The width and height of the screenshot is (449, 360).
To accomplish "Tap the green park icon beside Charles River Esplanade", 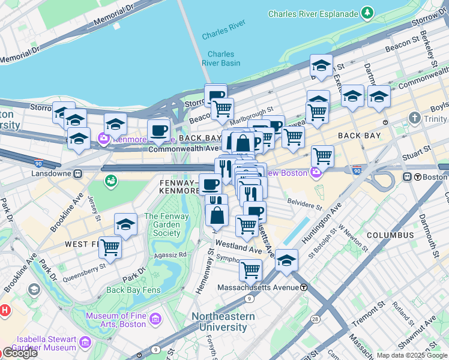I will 367,13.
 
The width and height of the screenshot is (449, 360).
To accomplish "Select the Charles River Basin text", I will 220,58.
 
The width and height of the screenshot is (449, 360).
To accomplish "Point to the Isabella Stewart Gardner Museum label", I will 38,343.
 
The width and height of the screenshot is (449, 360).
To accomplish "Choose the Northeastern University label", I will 223,322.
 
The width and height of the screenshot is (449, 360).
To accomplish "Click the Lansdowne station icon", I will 77,173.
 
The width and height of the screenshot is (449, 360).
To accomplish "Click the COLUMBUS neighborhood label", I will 391,235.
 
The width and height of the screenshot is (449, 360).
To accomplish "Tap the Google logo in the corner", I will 20,353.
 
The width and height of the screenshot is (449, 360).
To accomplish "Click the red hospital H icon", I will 5,311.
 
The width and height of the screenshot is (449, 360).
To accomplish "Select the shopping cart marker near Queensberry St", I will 110,246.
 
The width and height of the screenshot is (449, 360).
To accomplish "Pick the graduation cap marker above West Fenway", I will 125,224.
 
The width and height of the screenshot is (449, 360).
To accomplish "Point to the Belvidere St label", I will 305,202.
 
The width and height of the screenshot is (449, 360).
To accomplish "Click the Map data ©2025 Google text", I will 412,355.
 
